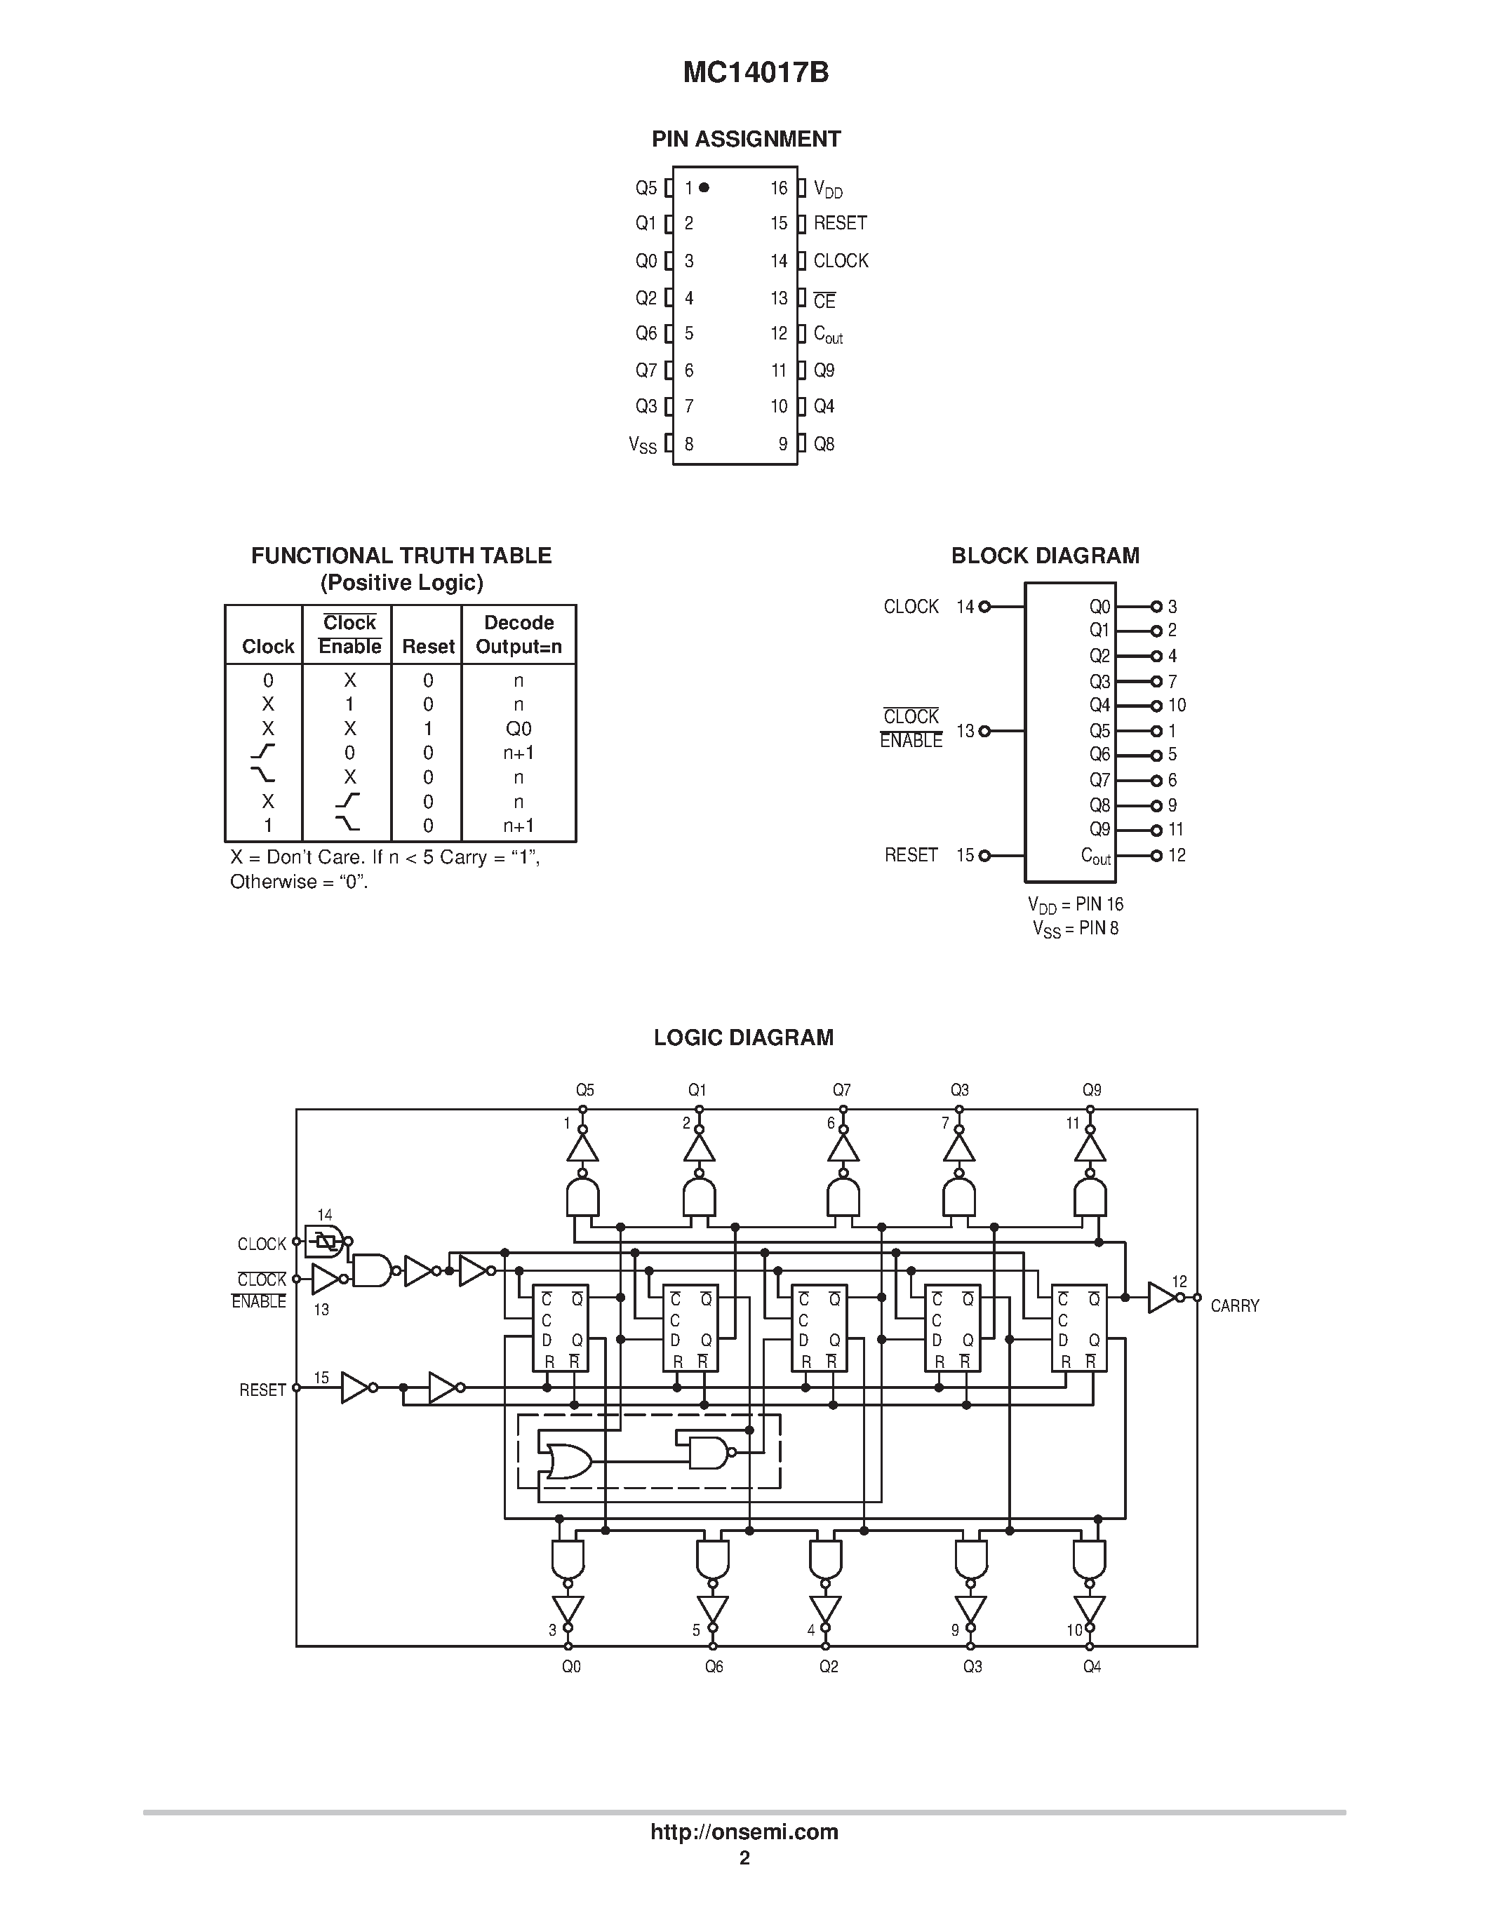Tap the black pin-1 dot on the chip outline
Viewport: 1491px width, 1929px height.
tap(704, 187)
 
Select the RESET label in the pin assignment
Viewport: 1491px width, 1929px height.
tap(839, 224)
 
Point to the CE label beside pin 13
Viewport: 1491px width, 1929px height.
tap(824, 301)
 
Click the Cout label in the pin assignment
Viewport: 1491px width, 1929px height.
tap(828, 335)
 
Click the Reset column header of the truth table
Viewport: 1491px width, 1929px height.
tap(427, 647)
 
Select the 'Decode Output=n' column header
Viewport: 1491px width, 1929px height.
tap(519, 634)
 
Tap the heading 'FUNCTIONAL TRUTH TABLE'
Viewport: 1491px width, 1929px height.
tap(401, 556)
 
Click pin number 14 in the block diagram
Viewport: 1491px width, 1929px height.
tap(965, 607)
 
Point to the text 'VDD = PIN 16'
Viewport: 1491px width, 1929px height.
tap(1075, 904)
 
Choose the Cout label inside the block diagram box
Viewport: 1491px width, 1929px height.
tap(1095, 856)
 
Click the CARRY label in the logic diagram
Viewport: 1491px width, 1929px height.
tap(1234, 1305)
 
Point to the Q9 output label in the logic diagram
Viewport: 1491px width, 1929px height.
tap(1092, 1090)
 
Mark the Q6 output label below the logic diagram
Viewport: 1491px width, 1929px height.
tap(714, 1667)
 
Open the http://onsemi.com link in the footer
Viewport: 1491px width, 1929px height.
tap(744, 1831)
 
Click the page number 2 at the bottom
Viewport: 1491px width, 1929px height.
tap(744, 1857)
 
